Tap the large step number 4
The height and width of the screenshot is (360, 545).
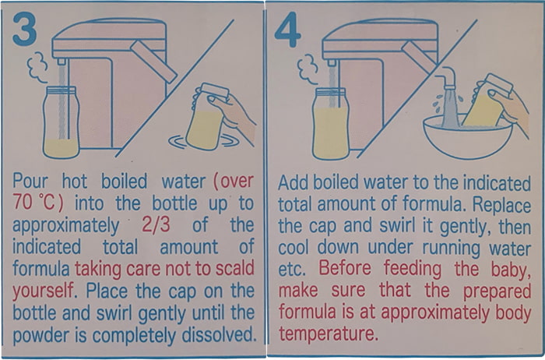click(287, 30)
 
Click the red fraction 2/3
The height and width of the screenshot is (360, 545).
click(156, 225)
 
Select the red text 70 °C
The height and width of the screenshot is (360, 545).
click(38, 203)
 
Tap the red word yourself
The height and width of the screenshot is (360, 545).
click(44, 291)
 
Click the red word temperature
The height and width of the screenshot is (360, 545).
click(328, 334)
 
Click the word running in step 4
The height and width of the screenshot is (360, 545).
click(451, 248)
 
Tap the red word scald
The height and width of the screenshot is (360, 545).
click(235, 268)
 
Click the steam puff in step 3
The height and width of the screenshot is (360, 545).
click(37, 68)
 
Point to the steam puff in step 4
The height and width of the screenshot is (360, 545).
click(308, 69)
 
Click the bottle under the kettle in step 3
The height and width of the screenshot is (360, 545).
click(62, 122)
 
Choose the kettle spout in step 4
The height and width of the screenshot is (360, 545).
click(332, 63)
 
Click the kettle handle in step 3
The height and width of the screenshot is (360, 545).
click(153, 62)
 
